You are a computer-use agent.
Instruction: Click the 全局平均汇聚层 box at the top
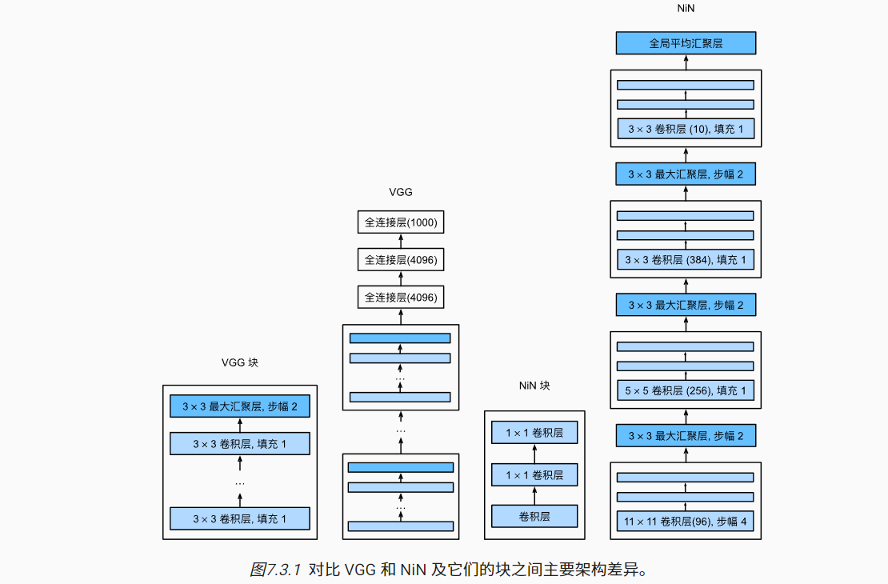(686, 43)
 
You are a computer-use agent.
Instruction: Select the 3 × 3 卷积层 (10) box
(686, 130)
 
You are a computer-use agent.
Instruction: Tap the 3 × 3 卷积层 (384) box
(686, 260)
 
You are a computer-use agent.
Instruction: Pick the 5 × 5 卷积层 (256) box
(686, 391)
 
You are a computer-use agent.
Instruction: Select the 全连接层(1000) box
(400, 222)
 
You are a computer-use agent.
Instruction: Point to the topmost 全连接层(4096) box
(400, 260)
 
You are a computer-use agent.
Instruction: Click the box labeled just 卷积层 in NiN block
(534, 516)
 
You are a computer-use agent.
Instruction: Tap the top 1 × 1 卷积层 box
(534, 433)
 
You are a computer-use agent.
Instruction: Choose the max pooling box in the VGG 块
(239, 406)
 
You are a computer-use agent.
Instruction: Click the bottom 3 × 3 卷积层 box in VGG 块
(239, 518)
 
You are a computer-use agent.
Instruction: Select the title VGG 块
(240, 362)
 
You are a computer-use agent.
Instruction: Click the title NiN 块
(534, 386)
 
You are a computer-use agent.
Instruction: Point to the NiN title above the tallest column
(686, 7)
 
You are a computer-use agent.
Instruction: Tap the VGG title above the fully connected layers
(400, 192)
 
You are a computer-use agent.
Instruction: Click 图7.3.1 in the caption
(274, 570)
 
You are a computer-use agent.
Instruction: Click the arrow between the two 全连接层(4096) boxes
(400, 278)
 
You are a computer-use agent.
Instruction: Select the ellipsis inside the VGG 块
(239, 482)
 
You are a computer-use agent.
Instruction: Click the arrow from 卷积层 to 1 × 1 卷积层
(534, 495)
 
